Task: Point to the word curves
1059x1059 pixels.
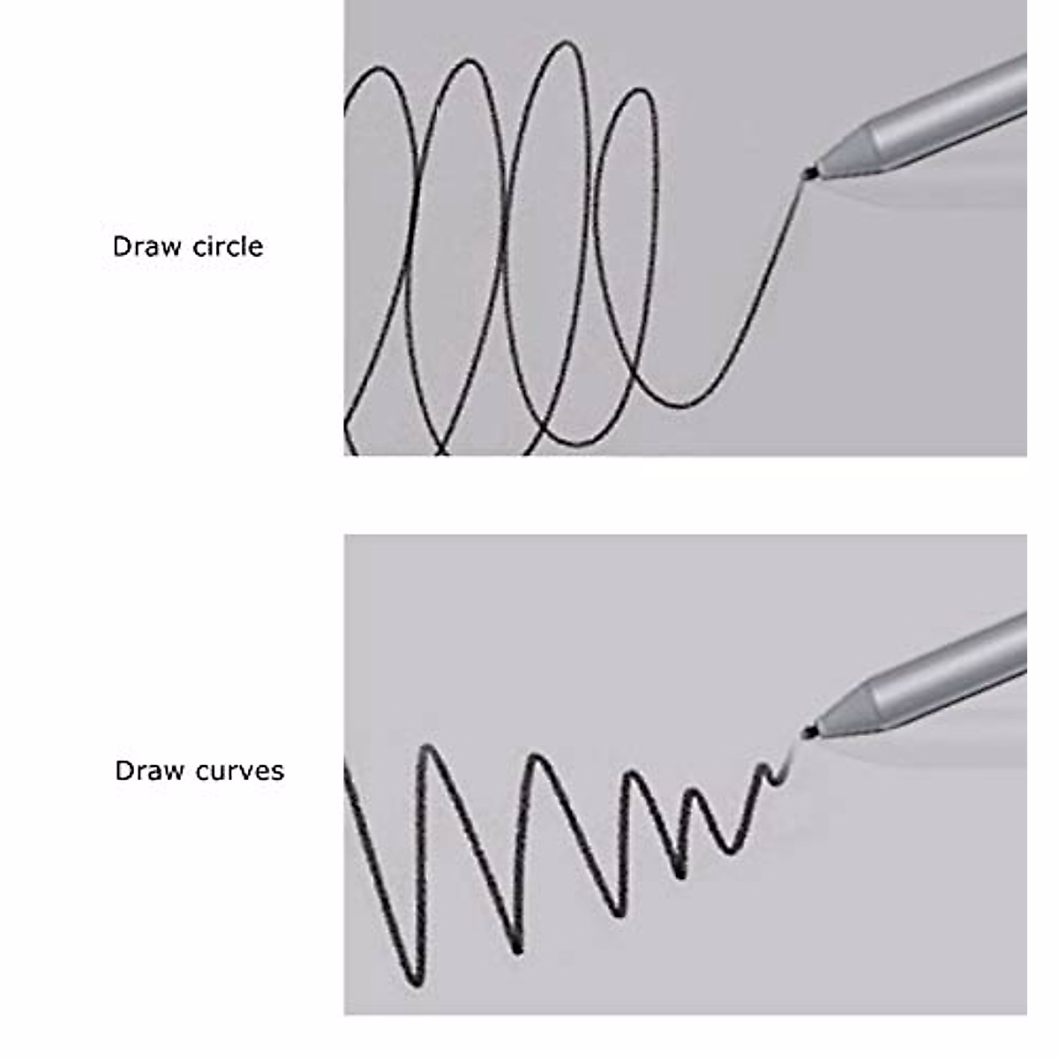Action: (x=240, y=771)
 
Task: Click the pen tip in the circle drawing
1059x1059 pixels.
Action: (x=807, y=172)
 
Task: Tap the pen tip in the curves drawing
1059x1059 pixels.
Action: (x=807, y=731)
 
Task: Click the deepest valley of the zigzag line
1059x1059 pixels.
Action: (x=415, y=980)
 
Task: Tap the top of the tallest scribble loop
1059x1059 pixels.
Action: (x=561, y=44)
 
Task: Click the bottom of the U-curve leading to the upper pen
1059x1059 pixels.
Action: (x=680, y=405)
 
